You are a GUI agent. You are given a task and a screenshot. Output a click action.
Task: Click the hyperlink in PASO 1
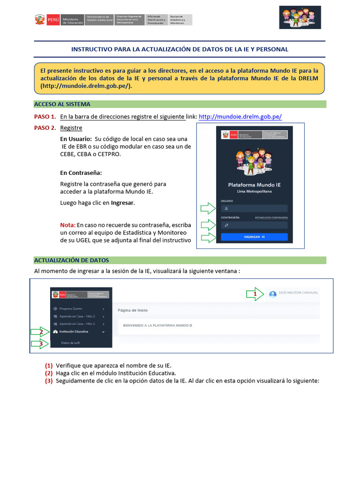point(240,117)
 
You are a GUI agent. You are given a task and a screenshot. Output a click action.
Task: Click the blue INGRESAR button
point(254,237)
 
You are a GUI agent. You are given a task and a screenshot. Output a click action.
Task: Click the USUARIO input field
point(254,208)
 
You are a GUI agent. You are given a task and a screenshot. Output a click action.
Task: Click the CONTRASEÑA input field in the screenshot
point(254,225)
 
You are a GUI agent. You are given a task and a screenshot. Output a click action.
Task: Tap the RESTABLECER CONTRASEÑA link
point(271,218)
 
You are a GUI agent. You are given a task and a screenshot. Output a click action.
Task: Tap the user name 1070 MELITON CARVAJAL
point(298,292)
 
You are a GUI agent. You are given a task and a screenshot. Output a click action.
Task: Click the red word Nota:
point(68,225)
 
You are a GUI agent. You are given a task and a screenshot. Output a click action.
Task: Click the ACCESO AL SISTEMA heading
point(62,104)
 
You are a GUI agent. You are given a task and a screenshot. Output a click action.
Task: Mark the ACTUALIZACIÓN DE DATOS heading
point(71,260)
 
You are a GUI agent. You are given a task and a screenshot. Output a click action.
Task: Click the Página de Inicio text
point(133,310)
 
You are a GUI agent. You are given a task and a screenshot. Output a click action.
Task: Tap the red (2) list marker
point(49,373)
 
